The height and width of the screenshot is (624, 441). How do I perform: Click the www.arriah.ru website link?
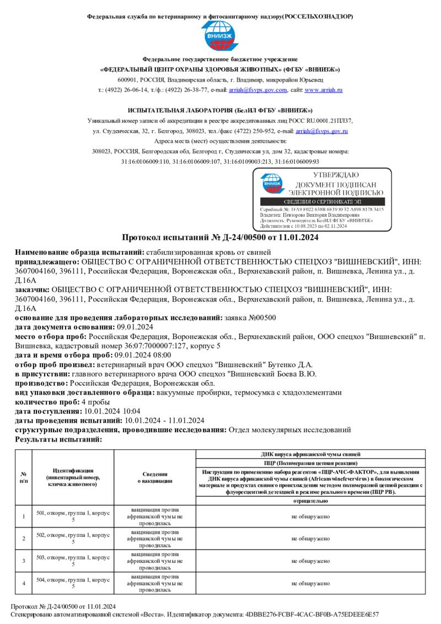pyautogui.click(x=324, y=89)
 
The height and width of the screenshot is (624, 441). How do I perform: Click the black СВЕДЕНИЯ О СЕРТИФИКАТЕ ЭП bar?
pyautogui.click(x=322, y=202)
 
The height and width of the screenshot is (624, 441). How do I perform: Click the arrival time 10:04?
pyautogui.click(x=132, y=411)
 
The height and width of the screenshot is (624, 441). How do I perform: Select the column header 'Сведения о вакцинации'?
pyautogui.click(x=155, y=477)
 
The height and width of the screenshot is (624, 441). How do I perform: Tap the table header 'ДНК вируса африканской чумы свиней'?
pyautogui.click(x=310, y=454)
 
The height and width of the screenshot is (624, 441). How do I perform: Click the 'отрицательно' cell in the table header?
pyautogui.click(x=310, y=501)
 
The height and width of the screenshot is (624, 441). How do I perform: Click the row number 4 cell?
pyautogui.click(x=24, y=583)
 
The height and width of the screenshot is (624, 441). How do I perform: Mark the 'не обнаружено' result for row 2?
pyautogui.click(x=310, y=538)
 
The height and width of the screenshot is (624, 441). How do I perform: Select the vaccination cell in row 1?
pyautogui.click(x=155, y=516)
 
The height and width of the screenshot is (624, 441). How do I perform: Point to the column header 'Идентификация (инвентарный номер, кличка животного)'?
pyautogui.click(x=73, y=477)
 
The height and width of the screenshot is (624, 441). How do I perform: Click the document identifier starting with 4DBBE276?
pyautogui.click(x=312, y=614)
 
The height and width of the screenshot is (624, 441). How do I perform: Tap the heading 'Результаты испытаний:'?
pyautogui.click(x=58, y=439)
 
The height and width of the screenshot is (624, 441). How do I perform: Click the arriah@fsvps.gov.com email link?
pyautogui.click(x=258, y=89)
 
